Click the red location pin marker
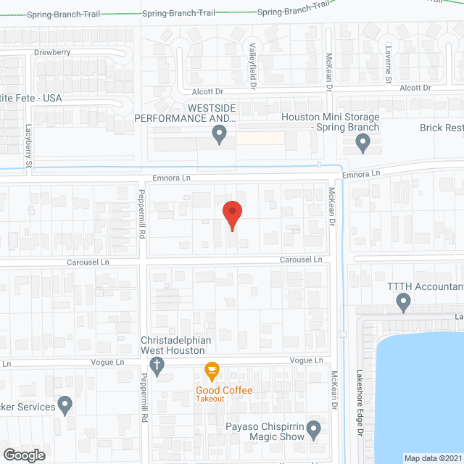[232, 213]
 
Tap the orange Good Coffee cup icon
[212, 370]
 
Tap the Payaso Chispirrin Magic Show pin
[313, 430]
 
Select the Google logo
[23, 455]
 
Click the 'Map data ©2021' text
[432, 457]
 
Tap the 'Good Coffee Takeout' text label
[224, 394]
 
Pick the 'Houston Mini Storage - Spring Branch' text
[330, 122]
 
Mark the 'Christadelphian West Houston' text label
[178, 345]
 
